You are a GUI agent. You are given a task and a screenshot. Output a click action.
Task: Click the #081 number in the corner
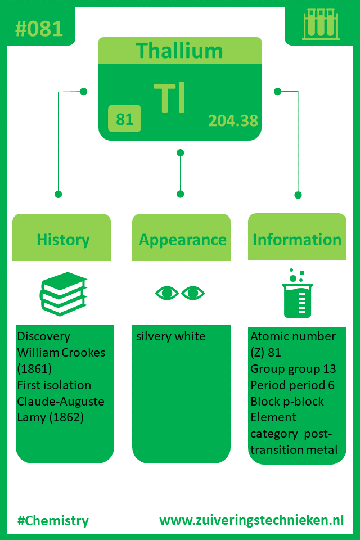coord(39,29)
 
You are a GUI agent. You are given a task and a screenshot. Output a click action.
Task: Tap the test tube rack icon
coord(321,24)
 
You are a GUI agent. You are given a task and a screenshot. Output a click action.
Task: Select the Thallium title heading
coord(179,51)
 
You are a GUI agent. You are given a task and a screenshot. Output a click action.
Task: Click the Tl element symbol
coord(170,97)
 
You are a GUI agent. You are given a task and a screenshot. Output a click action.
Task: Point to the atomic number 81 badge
coord(124,119)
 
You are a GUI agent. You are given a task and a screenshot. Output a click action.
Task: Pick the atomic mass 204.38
coord(233,120)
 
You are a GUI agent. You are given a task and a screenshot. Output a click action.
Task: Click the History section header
coord(63,240)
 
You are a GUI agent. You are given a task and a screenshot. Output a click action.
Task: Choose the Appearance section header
coord(183,240)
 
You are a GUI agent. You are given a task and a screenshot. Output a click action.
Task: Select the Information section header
coord(297,240)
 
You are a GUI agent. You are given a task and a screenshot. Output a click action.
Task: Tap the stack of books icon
coord(64,294)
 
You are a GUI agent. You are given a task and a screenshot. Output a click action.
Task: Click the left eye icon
coord(167,293)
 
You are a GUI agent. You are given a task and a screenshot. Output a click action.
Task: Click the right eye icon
coord(193,293)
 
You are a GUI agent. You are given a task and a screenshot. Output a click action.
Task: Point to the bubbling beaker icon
coord(298,293)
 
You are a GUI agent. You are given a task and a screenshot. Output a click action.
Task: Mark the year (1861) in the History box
coord(34,369)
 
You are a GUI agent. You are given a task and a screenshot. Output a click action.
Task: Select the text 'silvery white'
coord(171,336)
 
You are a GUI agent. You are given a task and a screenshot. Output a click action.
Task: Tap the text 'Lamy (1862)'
coord(50,418)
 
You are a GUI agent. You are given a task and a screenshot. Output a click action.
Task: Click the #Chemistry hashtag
coord(53,521)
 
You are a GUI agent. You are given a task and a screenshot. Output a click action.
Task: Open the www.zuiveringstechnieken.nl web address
coord(251,520)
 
